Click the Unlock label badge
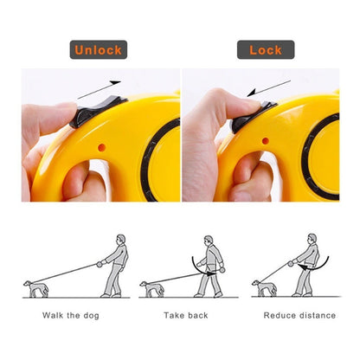tap(99, 49)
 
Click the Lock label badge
tap(266, 49)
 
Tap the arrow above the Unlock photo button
tap(99, 90)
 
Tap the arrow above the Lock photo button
tap(268, 88)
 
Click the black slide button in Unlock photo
tap(97, 112)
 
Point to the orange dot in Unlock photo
tap(101, 147)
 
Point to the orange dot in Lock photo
tap(266, 141)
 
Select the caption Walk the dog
tap(71, 315)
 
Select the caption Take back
tap(186, 315)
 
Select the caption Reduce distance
tap(299, 315)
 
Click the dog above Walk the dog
tap(36, 289)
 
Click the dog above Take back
tap(152, 289)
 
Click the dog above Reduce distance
tap(265, 288)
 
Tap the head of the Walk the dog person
tap(121, 240)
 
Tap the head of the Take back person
tap(209, 241)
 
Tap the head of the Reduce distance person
tap(312, 239)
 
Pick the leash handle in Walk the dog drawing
tap(100, 264)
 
